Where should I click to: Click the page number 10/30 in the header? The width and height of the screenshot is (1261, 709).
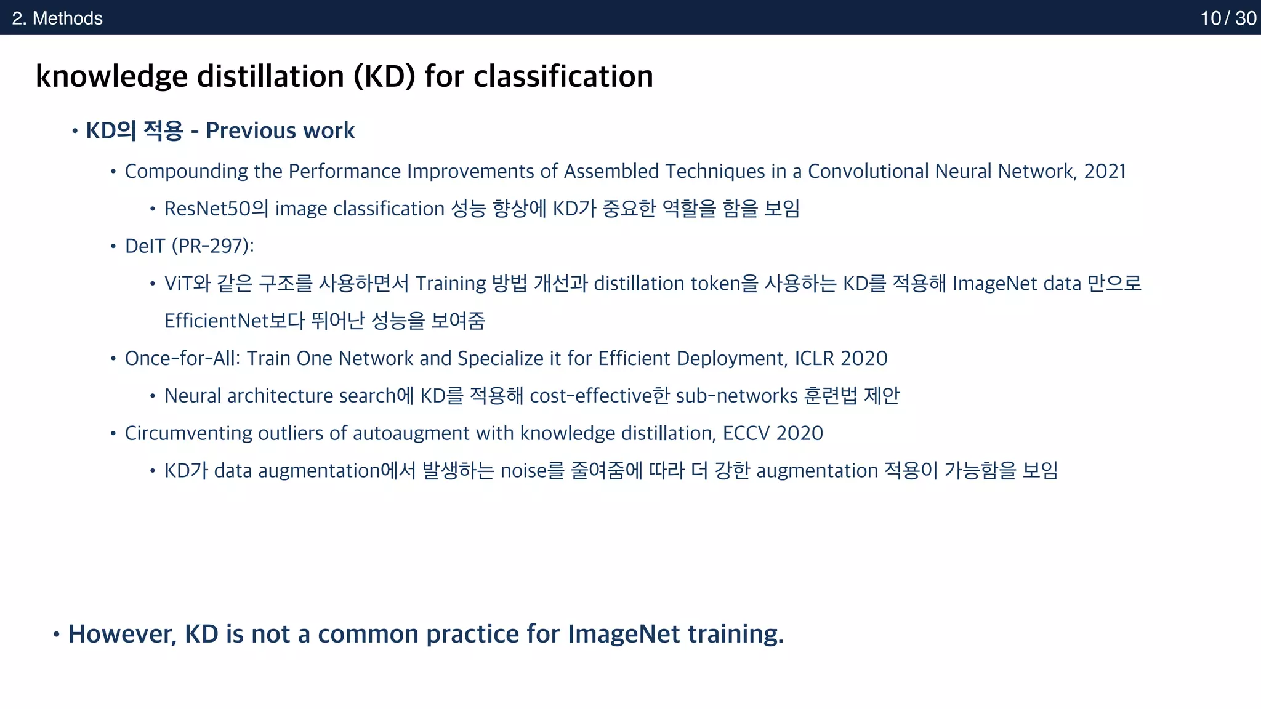[x=1228, y=18]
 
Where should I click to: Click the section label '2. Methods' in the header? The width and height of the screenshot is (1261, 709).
[x=57, y=18]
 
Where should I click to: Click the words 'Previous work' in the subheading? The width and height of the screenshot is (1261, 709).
[x=280, y=130]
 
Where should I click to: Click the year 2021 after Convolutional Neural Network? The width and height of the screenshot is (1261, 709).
[x=1105, y=171]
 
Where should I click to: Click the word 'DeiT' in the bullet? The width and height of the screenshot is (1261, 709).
[x=145, y=246]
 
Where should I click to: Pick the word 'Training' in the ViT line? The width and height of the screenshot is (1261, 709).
[x=451, y=284]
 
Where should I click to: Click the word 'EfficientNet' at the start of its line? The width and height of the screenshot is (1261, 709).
[x=217, y=321]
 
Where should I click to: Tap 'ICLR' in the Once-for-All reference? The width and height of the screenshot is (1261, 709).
[x=814, y=358]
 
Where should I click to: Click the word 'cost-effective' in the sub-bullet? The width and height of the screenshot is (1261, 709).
[x=590, y=396]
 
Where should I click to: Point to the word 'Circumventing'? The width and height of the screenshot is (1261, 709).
[x=188, y=433]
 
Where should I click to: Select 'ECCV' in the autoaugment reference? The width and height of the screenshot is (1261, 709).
[x=746, y=433]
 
